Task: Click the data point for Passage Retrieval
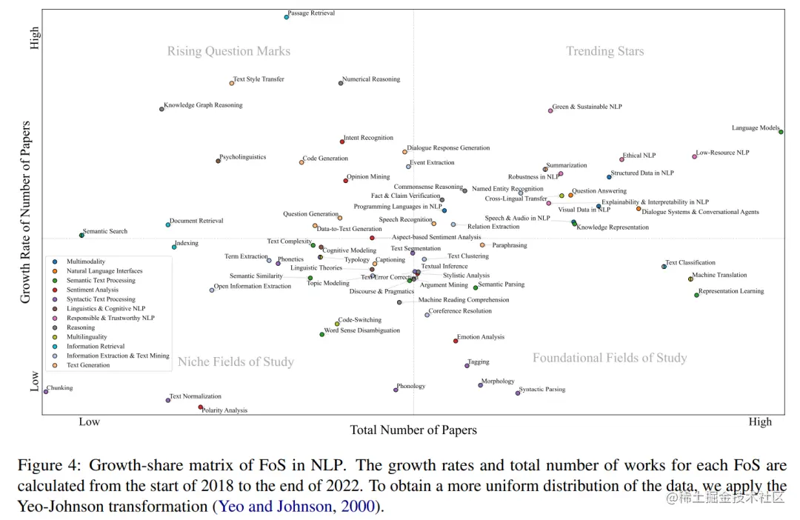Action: click(287, 16)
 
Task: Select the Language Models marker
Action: click(781, 132)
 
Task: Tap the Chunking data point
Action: click(45, 391)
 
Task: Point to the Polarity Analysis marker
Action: click(201, 407)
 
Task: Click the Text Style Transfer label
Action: click(259, 79)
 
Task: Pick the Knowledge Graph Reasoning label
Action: click(203, 105)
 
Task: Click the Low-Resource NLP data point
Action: click(695, 156)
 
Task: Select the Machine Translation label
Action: click(719, 276)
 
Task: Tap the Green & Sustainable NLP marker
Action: click(550, 110)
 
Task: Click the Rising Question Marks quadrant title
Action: click(229, 51)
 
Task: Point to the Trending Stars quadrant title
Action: click(605, 51)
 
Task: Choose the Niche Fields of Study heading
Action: click(236, 361)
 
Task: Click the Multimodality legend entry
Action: click(86, 261)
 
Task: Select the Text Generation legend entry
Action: click(88, 365)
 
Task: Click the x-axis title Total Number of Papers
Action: click(413, 430)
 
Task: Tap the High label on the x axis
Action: click(760, 422)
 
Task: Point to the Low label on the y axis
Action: click(34, 381)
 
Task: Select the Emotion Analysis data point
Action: click(456, 341)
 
